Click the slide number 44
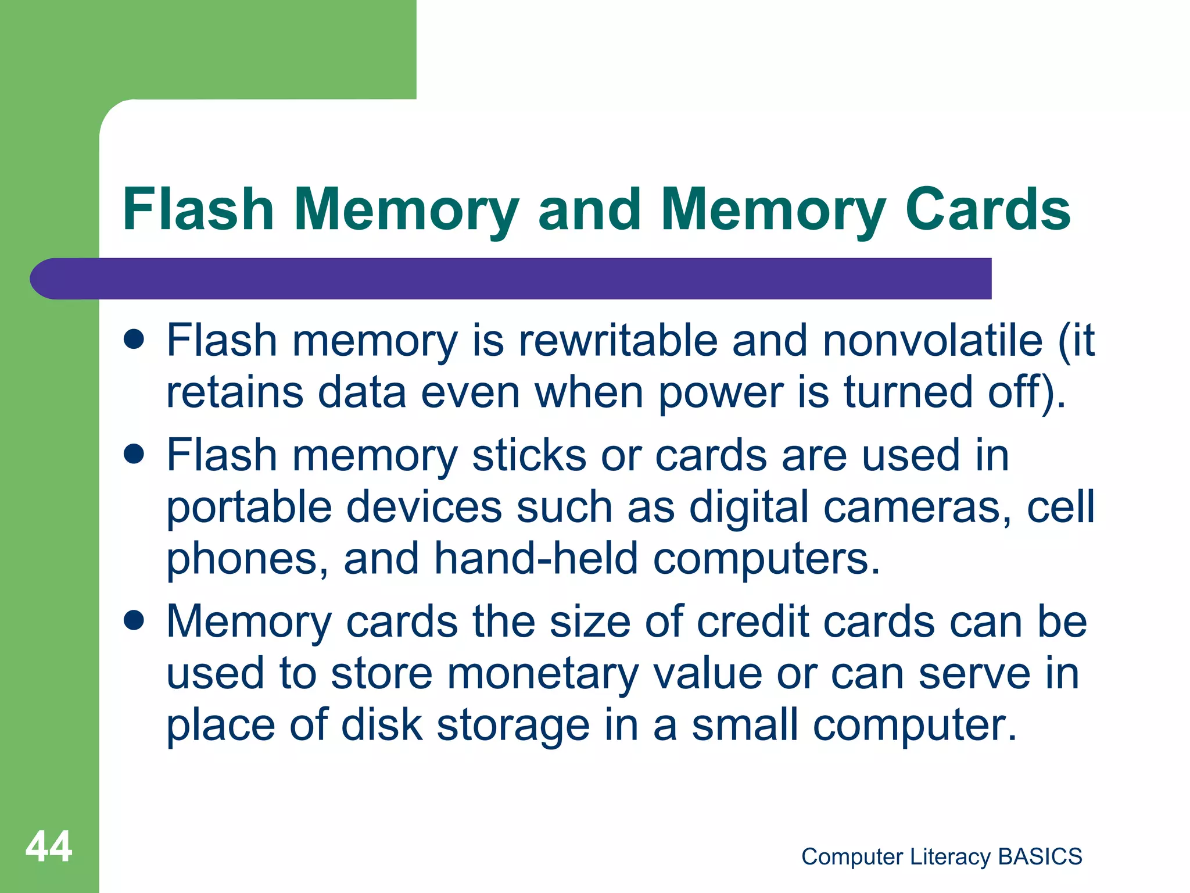(49, 846)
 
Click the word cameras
(918, 507)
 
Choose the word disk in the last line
(382, 726)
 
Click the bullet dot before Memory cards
(134, 620)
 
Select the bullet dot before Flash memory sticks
(134, 454)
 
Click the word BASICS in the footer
(1040, 856)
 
